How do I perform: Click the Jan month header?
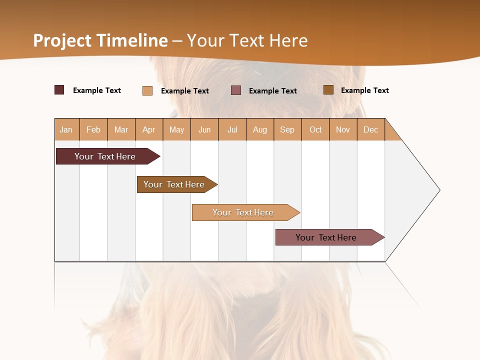[x=66, y=129]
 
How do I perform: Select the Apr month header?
[x=149, y=129]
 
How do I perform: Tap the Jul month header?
[x=232, y=129]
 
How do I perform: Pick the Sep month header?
[x=287, y=129]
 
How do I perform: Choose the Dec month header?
[x=370, y=129]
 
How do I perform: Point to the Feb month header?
[x=93, y=129]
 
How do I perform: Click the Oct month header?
[x=315, y=129]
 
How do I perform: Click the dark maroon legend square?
[x=59, y=90]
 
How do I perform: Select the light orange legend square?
[x=147, y=90]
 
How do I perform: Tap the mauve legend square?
[x=236, y=90]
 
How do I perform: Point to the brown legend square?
[x=328, y=90]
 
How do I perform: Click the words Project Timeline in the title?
[x=100, y=40]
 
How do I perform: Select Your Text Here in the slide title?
[x=247, y=40]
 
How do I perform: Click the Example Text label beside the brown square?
[x=364, y=90]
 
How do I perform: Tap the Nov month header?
[x=343, y=129]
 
